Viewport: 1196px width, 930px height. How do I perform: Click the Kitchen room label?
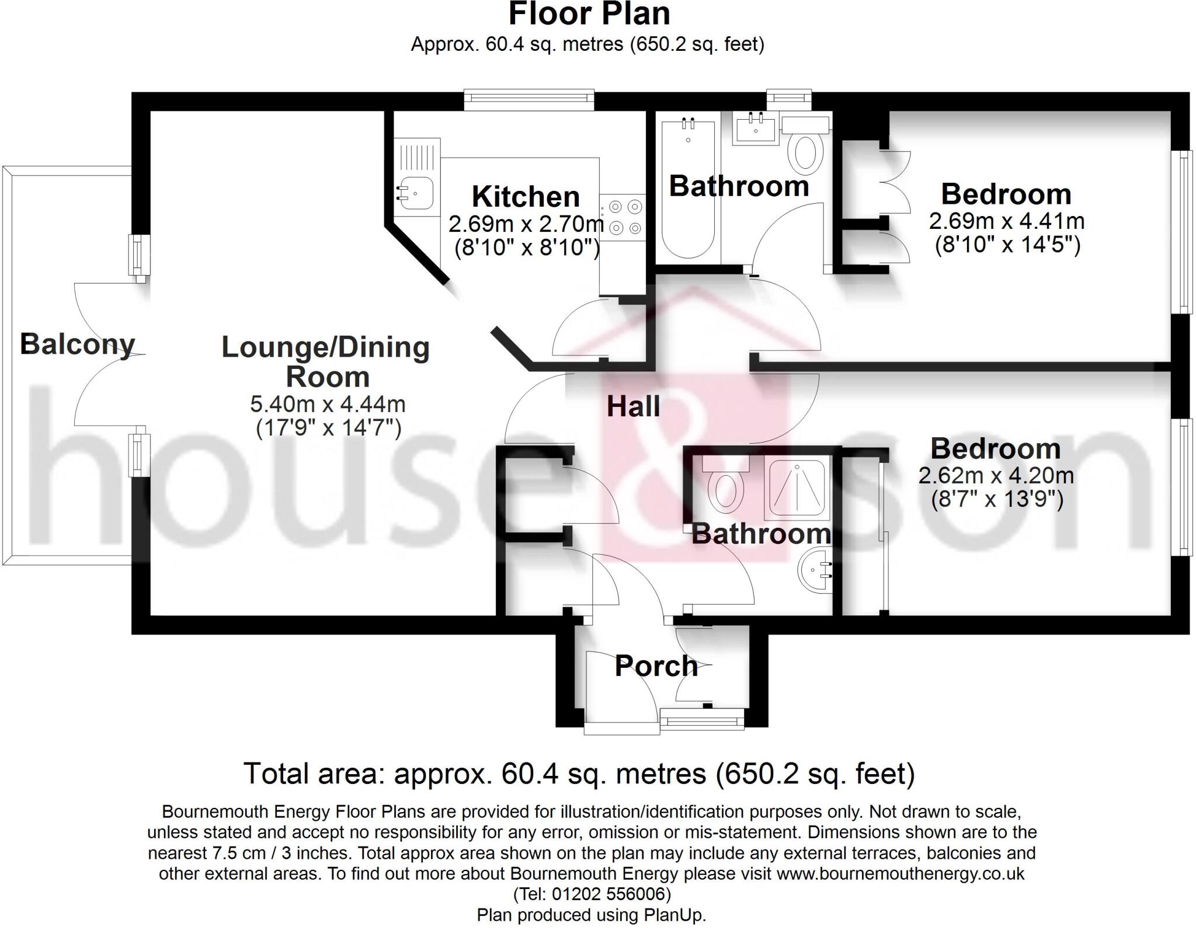[x=525, y=197]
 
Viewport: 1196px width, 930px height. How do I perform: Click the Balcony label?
[x=77, y=344]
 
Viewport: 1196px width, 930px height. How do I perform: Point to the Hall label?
[x=633, y=406]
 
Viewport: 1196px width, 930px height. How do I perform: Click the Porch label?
[x=656, y=666]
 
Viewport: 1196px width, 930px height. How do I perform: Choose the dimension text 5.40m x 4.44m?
[x=328, y=403]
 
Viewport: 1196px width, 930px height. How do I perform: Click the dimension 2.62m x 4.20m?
[x=996, y=475]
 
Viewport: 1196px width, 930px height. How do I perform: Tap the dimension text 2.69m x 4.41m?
[x=1006, y=221]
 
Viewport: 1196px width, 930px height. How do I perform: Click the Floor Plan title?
[x=589, y=14]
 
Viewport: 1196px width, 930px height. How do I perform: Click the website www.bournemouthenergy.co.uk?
[x=900, y=873]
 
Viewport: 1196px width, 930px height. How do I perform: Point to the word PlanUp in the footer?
[x=675, y=915]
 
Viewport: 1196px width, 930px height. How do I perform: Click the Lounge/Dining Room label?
[x=326, y=362]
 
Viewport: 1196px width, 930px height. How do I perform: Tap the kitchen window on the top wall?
[x=529, y=99]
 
